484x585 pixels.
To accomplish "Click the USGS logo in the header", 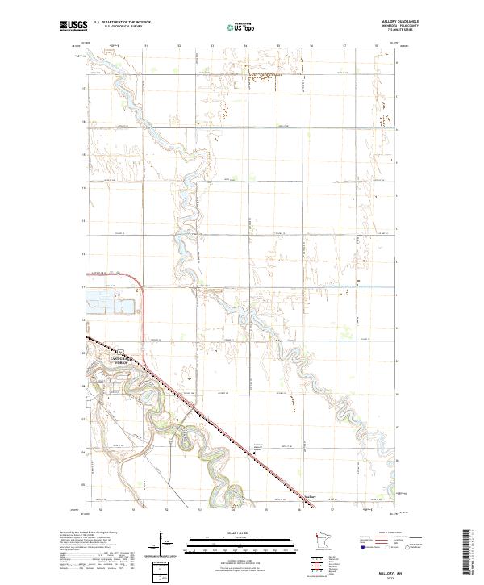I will (73, 27).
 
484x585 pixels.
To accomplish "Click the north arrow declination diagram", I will (161, 543).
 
